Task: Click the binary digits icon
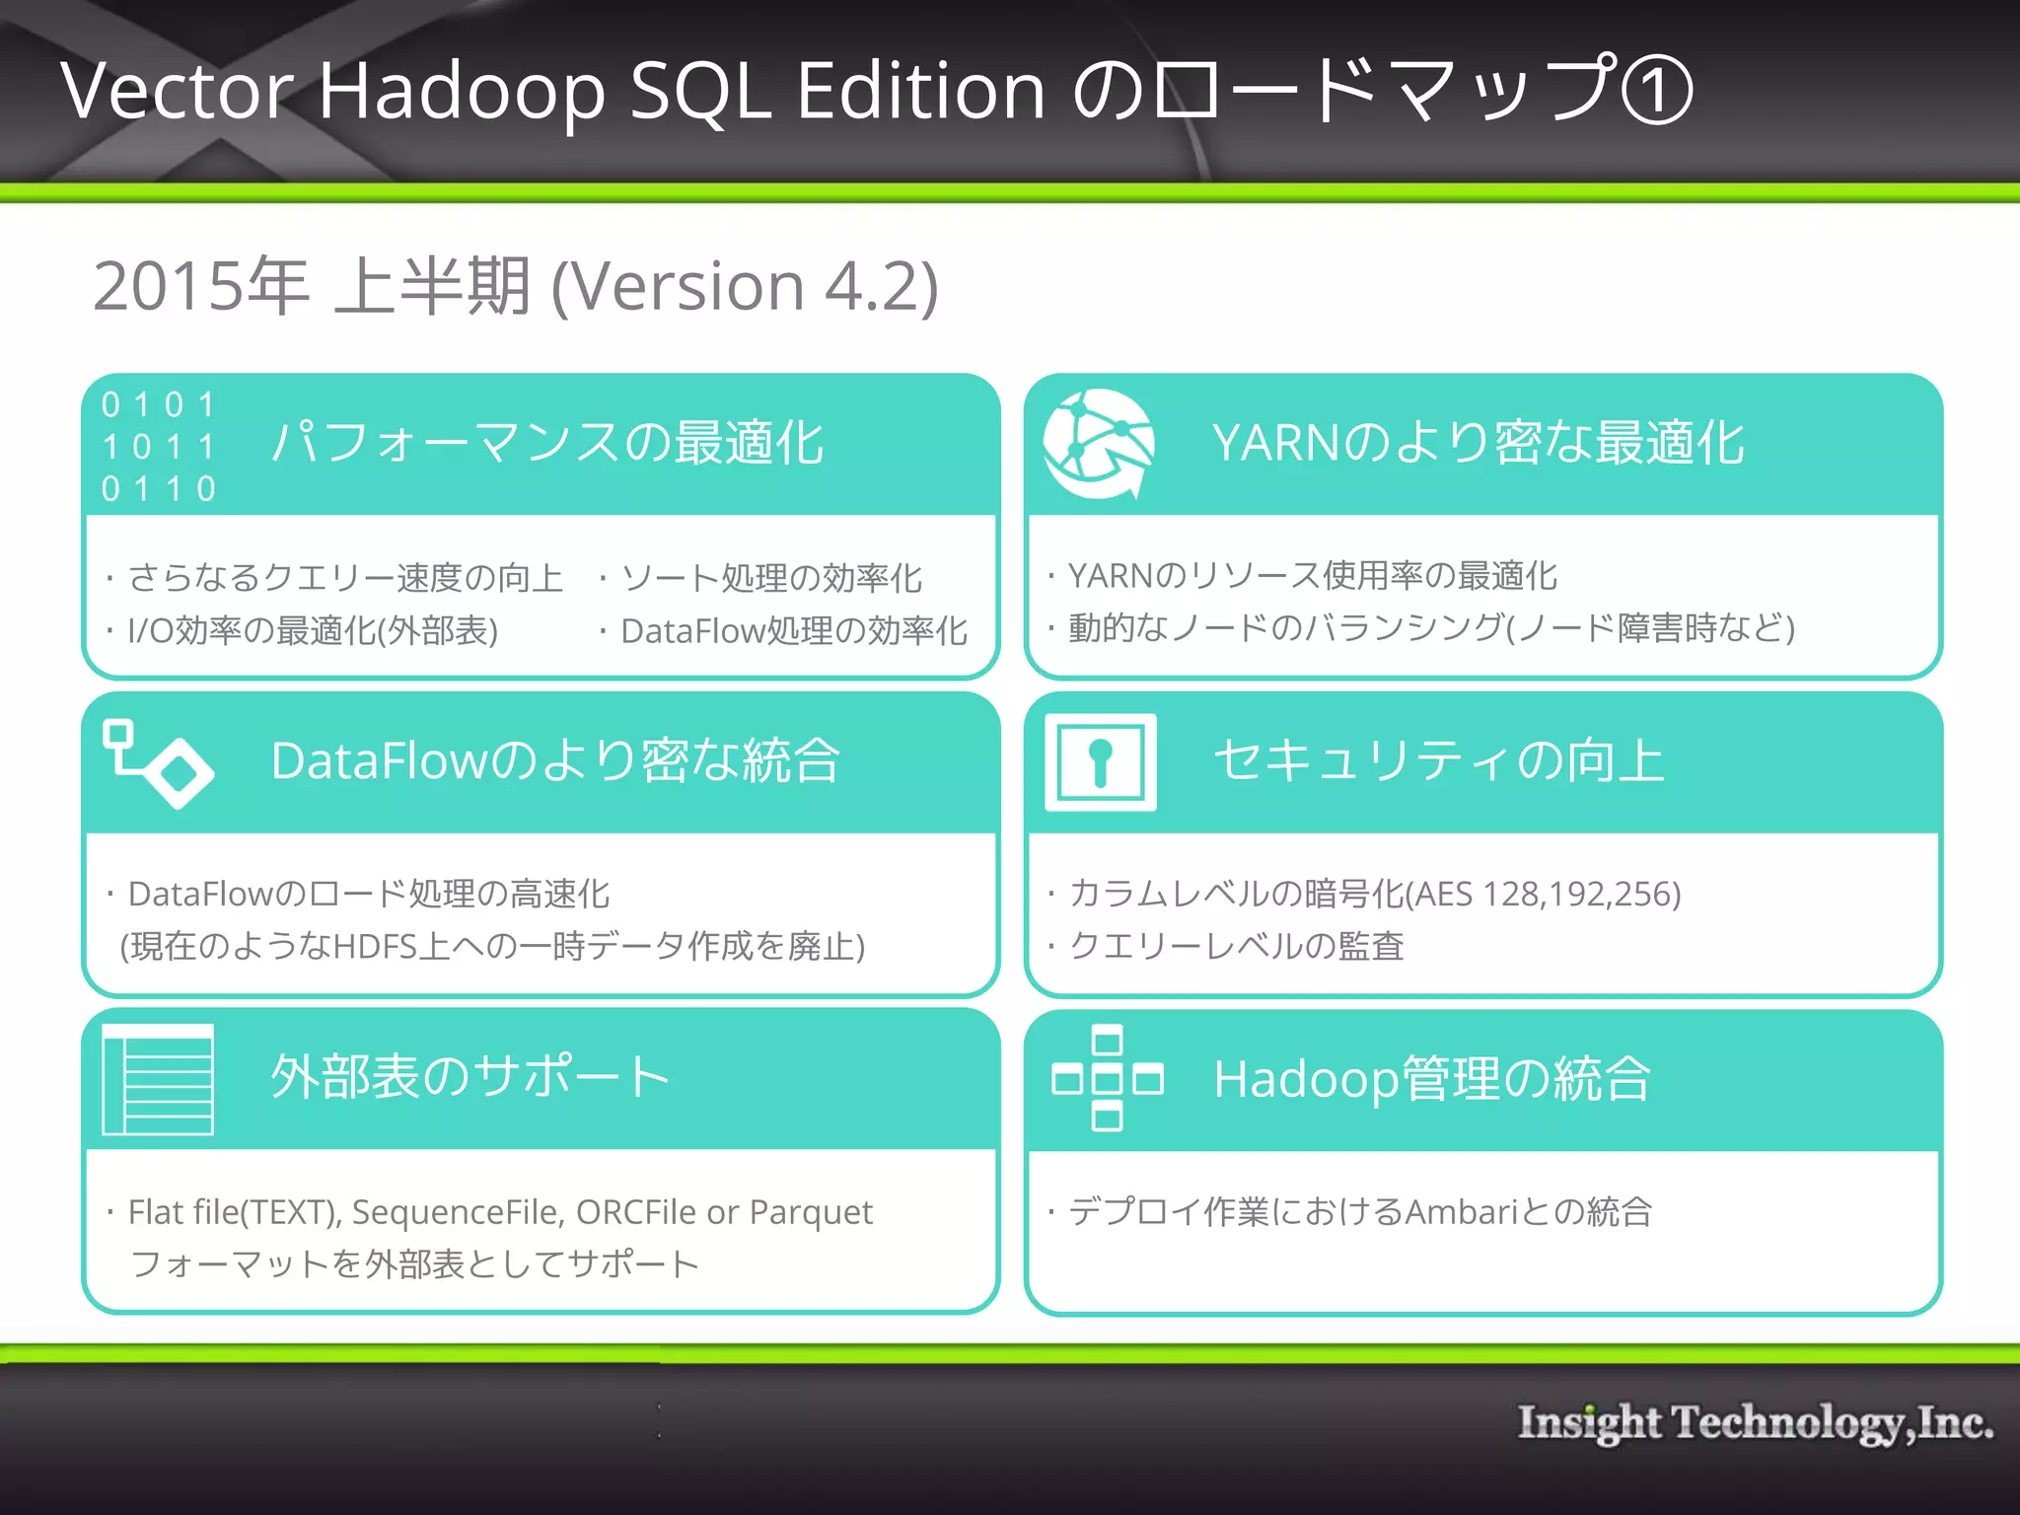[x=159, y=446]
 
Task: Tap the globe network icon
[x=1099, y=444]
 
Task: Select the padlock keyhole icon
[x=1101, y=762]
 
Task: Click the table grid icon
[x=158, y=1080]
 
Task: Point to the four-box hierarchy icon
[x=1107, y=1078]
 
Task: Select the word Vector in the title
[x=177, y=91]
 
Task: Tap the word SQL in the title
[x=700, y=91]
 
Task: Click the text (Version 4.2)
[x=745, y=287]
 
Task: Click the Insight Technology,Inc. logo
[x=1755, y=1423]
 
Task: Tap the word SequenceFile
[x=458, y=1212]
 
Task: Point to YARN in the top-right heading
[x=1276, y=443]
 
